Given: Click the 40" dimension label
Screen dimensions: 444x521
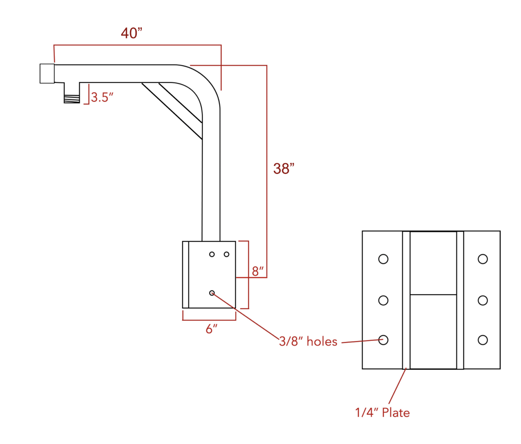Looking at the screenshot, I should coord(132,33).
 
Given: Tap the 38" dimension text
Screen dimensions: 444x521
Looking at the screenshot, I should coord(284,169).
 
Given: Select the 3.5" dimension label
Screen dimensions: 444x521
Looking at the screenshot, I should coord(102,97).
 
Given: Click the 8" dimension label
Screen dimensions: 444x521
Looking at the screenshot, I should coord(257,271).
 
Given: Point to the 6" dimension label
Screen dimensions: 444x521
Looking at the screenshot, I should coord(211,329).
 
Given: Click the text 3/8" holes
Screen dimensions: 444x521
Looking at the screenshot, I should coord(308,341).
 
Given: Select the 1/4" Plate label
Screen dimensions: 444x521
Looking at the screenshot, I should coord(382,412).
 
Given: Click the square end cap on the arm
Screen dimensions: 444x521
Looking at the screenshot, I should coord(47,73).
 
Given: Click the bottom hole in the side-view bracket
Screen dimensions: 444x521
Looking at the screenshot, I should coord(212,293).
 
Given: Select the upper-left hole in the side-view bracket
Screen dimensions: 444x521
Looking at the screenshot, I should coord(212,254).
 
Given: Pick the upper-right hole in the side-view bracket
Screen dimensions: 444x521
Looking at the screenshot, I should coord(227,254).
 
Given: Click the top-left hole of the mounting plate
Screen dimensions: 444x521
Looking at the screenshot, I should coord(383,259).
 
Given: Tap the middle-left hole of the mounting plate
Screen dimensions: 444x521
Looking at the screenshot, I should coord(383,300).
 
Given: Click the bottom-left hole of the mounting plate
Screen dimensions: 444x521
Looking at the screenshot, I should coord(383,340).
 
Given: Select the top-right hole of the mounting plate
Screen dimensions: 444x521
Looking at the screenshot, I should coord(483,259).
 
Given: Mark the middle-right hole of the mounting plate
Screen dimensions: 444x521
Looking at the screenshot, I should coord(483,300).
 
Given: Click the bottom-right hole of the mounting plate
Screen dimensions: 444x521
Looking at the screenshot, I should coord(483,340).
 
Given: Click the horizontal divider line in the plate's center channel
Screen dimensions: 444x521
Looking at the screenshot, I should coord(433,295).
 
